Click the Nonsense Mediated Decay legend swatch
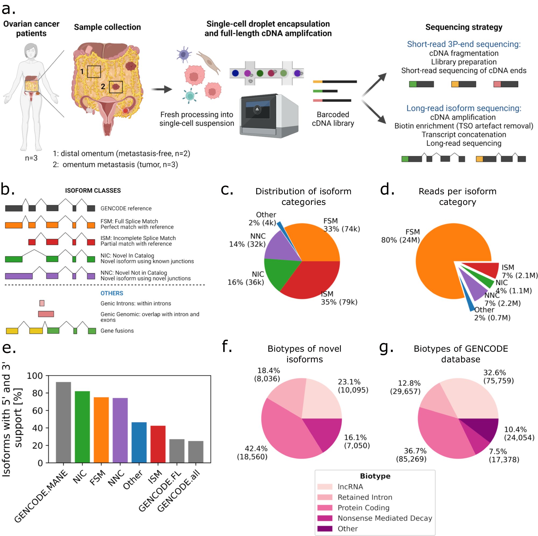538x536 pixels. click(325, 518)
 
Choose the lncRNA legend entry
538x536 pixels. click(350, 487)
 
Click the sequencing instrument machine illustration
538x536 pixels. click(269, 116)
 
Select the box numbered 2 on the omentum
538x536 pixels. click(116, 87)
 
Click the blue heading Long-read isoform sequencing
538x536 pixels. click(464, 108)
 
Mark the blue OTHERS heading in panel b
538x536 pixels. click(112, 293)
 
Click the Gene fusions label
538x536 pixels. click(117, 331)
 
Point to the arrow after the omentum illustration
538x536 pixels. click(161, 89)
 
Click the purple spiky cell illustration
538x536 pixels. click(183, 55)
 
